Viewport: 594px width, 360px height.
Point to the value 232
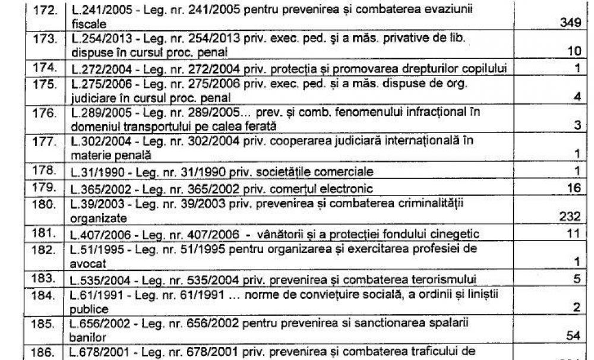pyautogui.click(x=569, y=218)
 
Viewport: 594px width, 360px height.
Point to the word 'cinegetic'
pyautogui.click(x=458, y=232)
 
